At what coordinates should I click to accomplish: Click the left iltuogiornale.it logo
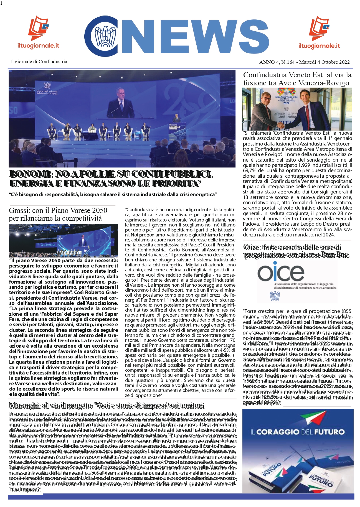[x=38, y=32]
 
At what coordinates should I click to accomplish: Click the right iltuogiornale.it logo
[x=319, y=32]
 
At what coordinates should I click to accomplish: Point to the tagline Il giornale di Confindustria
[x=39, y=62]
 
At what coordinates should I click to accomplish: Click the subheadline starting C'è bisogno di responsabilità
[x=113, y=195]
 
